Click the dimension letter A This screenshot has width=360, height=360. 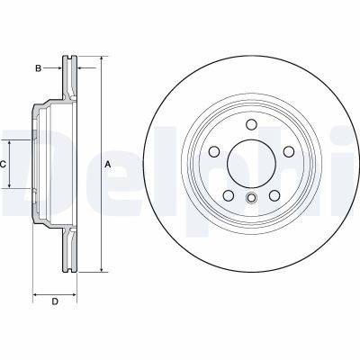point(109,164)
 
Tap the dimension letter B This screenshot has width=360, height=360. point(39,67)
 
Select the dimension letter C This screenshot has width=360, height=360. point(4,164)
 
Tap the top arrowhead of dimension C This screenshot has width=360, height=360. point(12,144)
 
